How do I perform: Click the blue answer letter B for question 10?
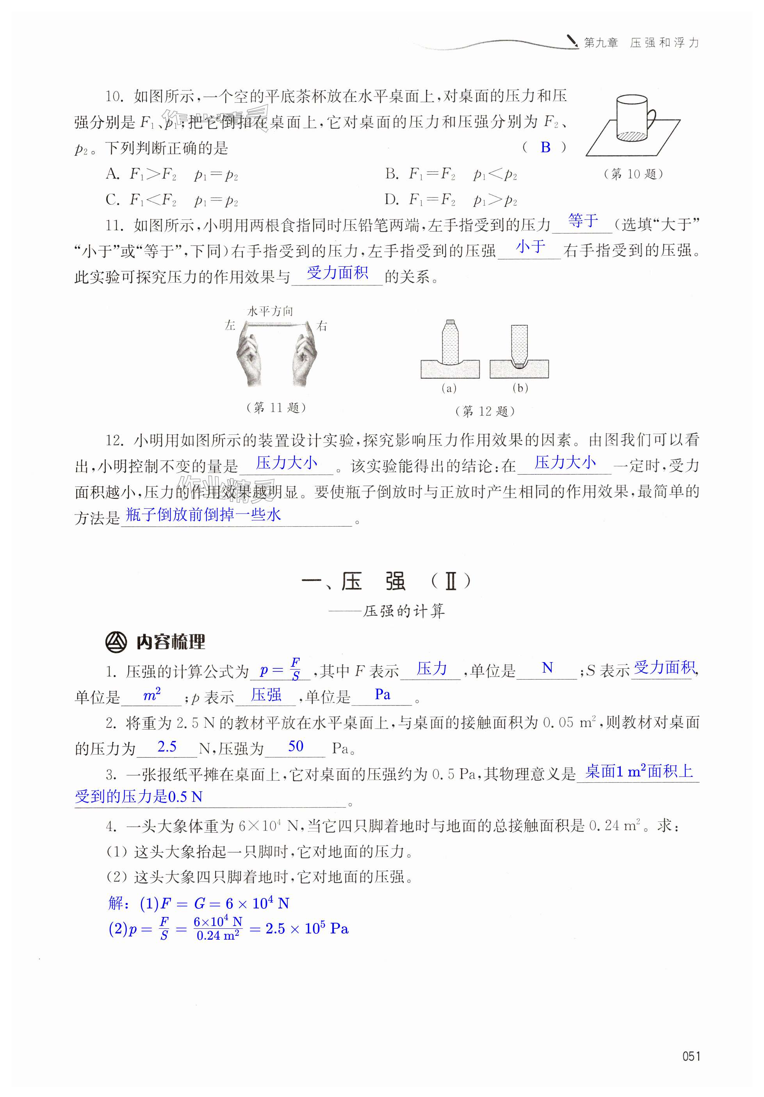(545, 148)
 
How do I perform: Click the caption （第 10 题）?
(633, 174)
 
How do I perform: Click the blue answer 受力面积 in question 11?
(337, 273)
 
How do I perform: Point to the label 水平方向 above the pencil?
(270, 312)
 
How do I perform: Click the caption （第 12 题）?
(484, 411)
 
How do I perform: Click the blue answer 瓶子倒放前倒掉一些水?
(203, 515)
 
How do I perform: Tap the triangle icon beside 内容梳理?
(116, 642)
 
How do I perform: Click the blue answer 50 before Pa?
(296, 746)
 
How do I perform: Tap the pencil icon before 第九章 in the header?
(572, 41)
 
